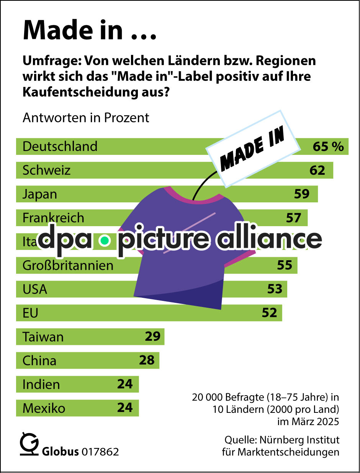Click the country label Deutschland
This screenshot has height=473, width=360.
[60, 146]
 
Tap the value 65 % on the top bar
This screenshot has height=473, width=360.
[328, 146]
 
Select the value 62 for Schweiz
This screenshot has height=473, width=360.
[317, 170]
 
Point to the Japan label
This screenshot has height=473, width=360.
[39, 194]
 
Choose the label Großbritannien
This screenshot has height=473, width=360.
[68, 265]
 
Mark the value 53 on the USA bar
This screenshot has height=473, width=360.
[275, 289]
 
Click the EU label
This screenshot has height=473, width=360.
[30, 313]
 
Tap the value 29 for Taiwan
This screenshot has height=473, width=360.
[152, 337]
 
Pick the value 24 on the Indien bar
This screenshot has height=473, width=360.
[125, 384]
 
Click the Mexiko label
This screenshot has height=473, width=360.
[44, 408]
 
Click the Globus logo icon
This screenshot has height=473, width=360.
[29, 445]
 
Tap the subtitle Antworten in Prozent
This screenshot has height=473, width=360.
[86, 117]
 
